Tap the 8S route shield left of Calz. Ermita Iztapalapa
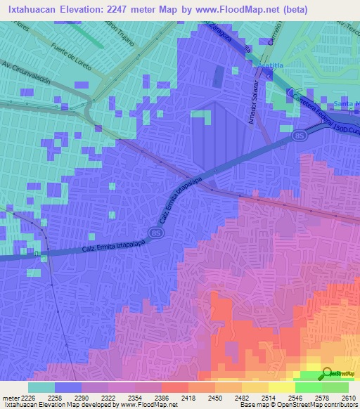154,233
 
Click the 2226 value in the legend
27,398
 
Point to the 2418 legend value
188,398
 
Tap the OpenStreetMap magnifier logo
327,373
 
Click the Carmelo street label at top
269,33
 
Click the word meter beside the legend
10,398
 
